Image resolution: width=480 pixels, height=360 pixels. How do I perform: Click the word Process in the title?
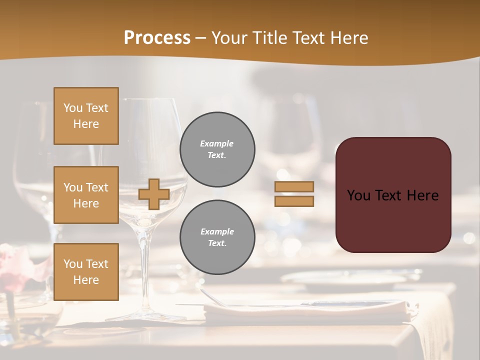[x=157, y=38]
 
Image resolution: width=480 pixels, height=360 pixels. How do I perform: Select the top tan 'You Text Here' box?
[x=86, y=116]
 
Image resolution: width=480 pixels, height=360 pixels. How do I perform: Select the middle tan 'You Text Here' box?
[x=86, y=195]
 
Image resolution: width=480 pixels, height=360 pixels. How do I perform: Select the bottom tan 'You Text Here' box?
[x=86, y=272]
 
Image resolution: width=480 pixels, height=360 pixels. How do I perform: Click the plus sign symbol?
[x=154, y=194]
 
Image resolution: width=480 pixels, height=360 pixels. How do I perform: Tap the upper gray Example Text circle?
[x=217, y=149]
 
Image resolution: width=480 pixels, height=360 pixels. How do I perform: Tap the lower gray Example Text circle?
[x=217, y=237]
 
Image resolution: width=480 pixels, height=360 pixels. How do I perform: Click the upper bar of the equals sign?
[x=294, y=187]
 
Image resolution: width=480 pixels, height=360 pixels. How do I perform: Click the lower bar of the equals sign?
[x=294, y=201]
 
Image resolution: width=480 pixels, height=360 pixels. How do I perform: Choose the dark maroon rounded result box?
[x=393, y=220]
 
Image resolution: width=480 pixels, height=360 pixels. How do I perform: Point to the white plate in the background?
[x=345, y=280]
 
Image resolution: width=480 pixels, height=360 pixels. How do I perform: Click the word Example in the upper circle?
[x=217, y=144]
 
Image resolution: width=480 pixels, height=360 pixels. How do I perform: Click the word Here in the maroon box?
[x=422, y=195]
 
